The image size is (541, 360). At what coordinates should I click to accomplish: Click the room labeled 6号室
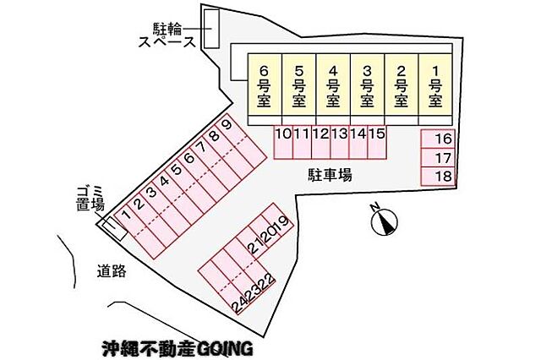[265, 85]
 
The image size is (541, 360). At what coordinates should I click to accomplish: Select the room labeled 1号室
[435, 85]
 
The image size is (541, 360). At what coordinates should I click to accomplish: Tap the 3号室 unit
[367, 85]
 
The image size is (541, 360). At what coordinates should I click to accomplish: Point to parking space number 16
[438, 139]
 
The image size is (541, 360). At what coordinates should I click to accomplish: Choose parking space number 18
[438, 177]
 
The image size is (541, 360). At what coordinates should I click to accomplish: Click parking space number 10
[283, 142]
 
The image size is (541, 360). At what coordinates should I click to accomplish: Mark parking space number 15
[377, 142]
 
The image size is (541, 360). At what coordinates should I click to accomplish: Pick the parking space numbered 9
[241, 140]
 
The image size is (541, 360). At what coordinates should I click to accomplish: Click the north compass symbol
[384, 221]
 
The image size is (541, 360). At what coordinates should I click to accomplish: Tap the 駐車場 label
[331, 175]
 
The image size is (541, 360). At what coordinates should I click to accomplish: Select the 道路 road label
[112, 271]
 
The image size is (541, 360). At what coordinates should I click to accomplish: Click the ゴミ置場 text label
[90, 199]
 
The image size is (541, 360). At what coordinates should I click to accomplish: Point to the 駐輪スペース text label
[167, 35]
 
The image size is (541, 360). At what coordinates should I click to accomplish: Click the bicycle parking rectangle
[211, 28]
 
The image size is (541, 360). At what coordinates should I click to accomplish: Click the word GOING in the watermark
[225, 349]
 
